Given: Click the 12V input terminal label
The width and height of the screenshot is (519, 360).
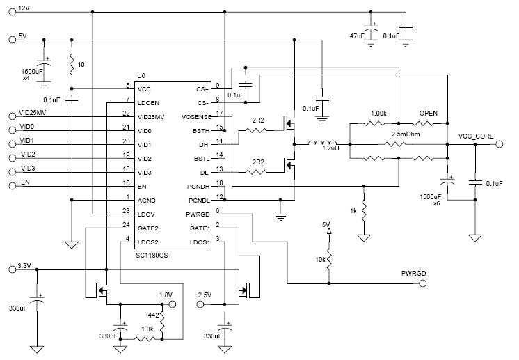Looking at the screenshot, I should click(24, 8).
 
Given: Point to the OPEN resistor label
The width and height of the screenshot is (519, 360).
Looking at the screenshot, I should click(429, 113).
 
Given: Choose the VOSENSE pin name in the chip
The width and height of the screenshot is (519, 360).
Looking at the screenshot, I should click(196, 117).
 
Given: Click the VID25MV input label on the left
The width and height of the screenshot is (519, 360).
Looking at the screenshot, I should click(33, 111).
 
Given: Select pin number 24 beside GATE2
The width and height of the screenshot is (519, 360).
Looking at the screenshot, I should click(126, 224).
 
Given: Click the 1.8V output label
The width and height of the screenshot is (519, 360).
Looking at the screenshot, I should click(165, 295).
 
